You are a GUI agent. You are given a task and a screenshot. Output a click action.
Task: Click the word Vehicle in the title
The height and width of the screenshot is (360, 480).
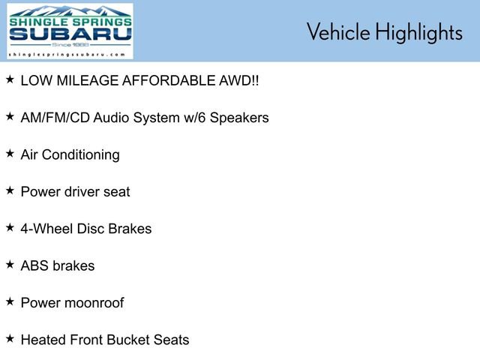pyautogui.click(x=337, y=32)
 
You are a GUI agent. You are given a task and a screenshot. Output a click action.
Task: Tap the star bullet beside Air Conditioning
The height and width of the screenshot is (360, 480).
pyautogui.click(x=10, y=153)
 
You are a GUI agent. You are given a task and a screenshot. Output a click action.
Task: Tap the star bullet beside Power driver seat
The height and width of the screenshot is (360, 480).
pyautogui.click(x=10, y=190)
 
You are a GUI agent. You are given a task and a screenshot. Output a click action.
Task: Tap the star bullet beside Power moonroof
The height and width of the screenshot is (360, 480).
pyautogui.click(x=10, y=301)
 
